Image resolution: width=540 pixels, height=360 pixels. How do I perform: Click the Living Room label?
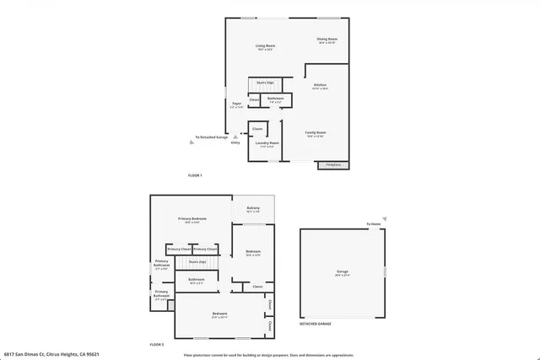point(267,47)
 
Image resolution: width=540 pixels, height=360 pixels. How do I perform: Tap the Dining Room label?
point(327,40)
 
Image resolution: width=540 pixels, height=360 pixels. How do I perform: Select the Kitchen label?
point(321,86)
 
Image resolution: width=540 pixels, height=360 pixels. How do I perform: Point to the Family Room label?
point(316,133)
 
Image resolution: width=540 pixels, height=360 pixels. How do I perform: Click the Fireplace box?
point(333,164)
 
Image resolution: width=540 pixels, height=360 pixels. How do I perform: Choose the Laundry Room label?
point(268,144)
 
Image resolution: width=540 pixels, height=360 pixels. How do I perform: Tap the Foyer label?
point(237,105)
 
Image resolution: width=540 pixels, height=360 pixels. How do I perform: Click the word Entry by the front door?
point(235,142)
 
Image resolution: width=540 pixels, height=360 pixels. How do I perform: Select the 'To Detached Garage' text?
point(212,137)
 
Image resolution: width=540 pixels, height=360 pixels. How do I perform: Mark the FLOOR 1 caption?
point(195,175)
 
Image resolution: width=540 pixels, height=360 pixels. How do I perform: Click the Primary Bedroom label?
point(192,219)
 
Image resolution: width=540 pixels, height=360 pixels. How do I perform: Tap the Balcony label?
point(252,209)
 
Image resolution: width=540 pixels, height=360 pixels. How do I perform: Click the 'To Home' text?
point(373,223)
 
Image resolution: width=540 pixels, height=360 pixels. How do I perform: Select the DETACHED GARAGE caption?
point(316,324)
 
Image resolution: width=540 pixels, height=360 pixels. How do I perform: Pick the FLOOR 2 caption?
point(157,345)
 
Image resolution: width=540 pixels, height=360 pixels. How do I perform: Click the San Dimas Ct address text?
point(40,355)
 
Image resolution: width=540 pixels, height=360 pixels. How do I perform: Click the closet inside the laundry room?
point(257,129)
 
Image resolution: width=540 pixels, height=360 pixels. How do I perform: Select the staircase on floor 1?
point(265,83)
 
